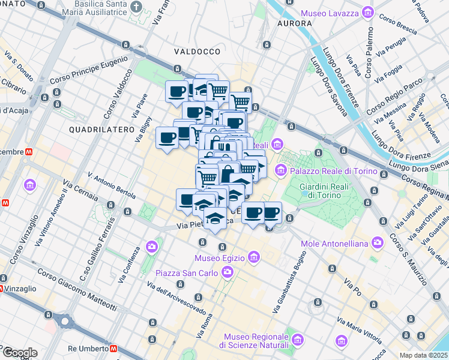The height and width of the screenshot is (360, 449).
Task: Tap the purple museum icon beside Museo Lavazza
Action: pos(367,13)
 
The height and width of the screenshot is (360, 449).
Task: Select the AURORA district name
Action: pos(294,23)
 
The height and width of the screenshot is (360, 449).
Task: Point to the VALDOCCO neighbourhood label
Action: pos(197,52)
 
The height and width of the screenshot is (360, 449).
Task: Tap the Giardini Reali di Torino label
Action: pos(324,191)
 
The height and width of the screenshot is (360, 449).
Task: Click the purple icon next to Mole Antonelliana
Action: pos(378,242)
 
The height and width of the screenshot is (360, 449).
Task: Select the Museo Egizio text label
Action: pos(220,258)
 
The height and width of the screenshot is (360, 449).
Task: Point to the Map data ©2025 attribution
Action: pos(423,355)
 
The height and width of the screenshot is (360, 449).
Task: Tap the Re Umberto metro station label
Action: pos(88,349)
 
